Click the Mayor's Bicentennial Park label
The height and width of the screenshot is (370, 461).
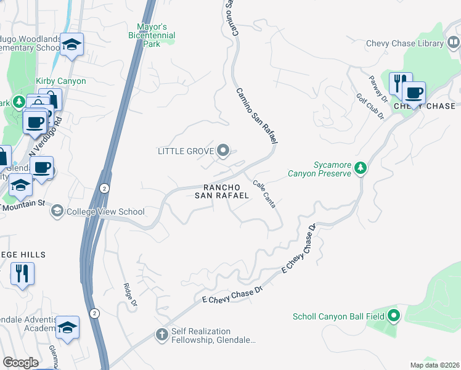tap(152, 36)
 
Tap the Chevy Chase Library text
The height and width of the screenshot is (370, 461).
tap(405, 43)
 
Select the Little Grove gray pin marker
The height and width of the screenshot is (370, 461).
tap(224, 150)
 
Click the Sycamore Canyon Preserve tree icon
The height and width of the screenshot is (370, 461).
tap(361, 168)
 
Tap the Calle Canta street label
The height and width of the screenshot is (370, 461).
tap(264, 194)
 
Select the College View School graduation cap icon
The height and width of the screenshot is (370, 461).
tap(57, 212)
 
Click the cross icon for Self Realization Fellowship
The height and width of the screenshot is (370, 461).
tap(161, 335)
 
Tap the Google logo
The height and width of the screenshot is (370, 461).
tap(20, 363)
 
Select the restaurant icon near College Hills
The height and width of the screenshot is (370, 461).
tap(22, 273)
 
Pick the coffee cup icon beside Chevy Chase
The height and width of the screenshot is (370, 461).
tap(414, 92)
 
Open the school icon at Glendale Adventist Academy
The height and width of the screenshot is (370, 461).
tap(67, 327)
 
